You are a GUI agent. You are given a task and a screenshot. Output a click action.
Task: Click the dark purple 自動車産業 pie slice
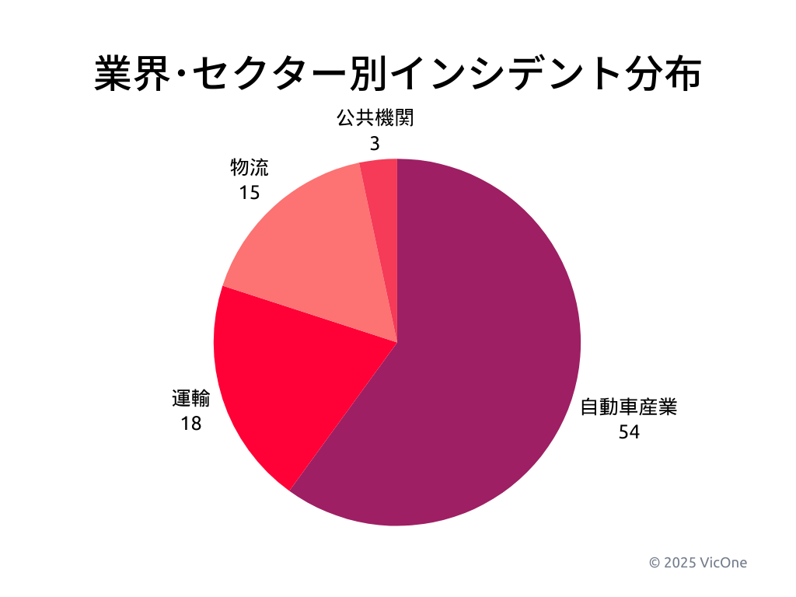click(x=482, y=350)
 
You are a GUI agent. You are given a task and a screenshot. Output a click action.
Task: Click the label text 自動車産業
click(x=629, y=407)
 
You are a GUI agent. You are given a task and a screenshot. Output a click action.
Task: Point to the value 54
click(x=629, y=432)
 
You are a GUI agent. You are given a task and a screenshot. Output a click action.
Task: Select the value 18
click(x=190, y=424)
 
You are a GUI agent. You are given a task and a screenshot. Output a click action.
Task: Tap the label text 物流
click(x=249, y=167)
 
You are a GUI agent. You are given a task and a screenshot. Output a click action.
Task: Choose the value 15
click(x=249, y=192)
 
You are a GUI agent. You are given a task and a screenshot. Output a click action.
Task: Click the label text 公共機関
click(x=375, y=118)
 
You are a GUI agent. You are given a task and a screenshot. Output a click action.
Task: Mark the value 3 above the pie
click(x=375, y=143)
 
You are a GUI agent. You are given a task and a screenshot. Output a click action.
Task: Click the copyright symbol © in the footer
click(x=655, y=562)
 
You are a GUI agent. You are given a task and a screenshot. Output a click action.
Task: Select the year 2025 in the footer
click(x=680, y=562)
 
